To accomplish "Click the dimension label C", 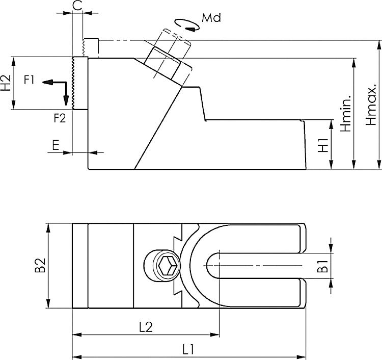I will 77,6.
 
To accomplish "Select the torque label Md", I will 211,18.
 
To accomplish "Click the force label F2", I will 60,118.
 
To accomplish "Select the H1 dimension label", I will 323,145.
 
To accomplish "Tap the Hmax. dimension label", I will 371,105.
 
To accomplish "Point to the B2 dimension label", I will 40,266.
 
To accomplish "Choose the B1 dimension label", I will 322,266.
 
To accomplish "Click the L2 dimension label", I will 146,327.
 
